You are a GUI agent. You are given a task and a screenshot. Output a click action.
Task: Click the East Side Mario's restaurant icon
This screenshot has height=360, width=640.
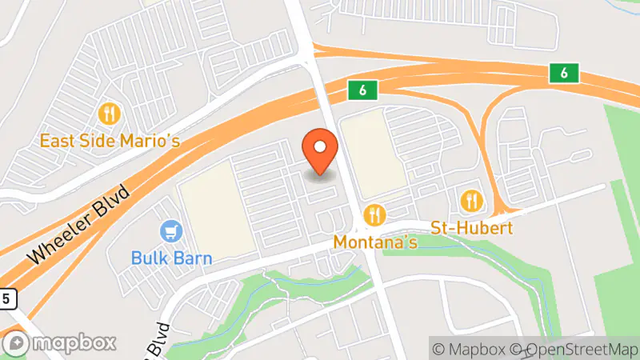pos(110,114)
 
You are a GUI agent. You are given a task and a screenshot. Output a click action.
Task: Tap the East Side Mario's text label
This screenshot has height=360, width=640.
pos(110,141)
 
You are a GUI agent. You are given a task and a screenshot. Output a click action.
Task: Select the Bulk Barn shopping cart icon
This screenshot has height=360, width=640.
pos(171,232)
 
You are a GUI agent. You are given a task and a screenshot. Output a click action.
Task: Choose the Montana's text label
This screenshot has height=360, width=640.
pos(375,242)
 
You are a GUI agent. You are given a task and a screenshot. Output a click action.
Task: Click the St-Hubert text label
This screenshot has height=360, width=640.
pos(472,227)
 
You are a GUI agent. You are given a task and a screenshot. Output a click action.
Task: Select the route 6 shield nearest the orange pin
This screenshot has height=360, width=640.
pos(362,90)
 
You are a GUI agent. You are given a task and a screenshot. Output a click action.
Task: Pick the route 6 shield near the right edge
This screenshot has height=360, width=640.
pos(564,73)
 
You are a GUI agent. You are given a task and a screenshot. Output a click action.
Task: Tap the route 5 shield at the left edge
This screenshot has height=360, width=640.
pos(6,298)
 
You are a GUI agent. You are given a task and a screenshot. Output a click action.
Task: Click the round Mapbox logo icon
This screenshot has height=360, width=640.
pos(18,342)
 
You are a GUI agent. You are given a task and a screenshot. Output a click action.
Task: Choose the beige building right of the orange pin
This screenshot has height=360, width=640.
pos(375,155)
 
